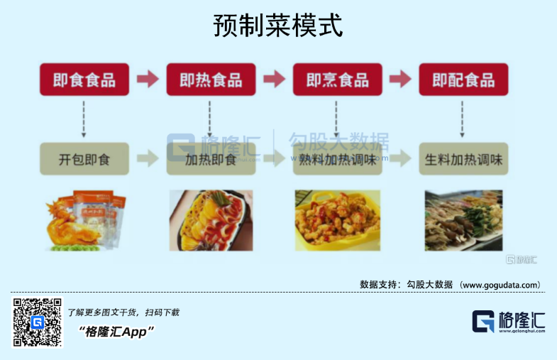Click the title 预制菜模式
coord(278,26)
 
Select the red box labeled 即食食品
coord(84,80)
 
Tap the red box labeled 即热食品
coord(211,80)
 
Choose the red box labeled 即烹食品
coord(338,80)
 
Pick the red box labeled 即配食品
coord(463,80)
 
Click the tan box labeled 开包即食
coord(84,159)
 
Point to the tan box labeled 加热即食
coord(211,159)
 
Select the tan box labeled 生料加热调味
coord(463,159)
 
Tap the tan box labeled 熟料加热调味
coord(338,159)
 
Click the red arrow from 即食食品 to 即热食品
coord(148,79)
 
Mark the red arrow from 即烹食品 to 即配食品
coord(400,79)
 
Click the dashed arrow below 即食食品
coord(84,119)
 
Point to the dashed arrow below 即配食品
coord(462,119)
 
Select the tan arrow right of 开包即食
coord(148,158)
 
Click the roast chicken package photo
coord(86,220)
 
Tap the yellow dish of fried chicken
coord(338,220)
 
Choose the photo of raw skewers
coord(463,220)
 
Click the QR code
coord(38,322)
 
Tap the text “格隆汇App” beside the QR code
coord(116,332)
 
